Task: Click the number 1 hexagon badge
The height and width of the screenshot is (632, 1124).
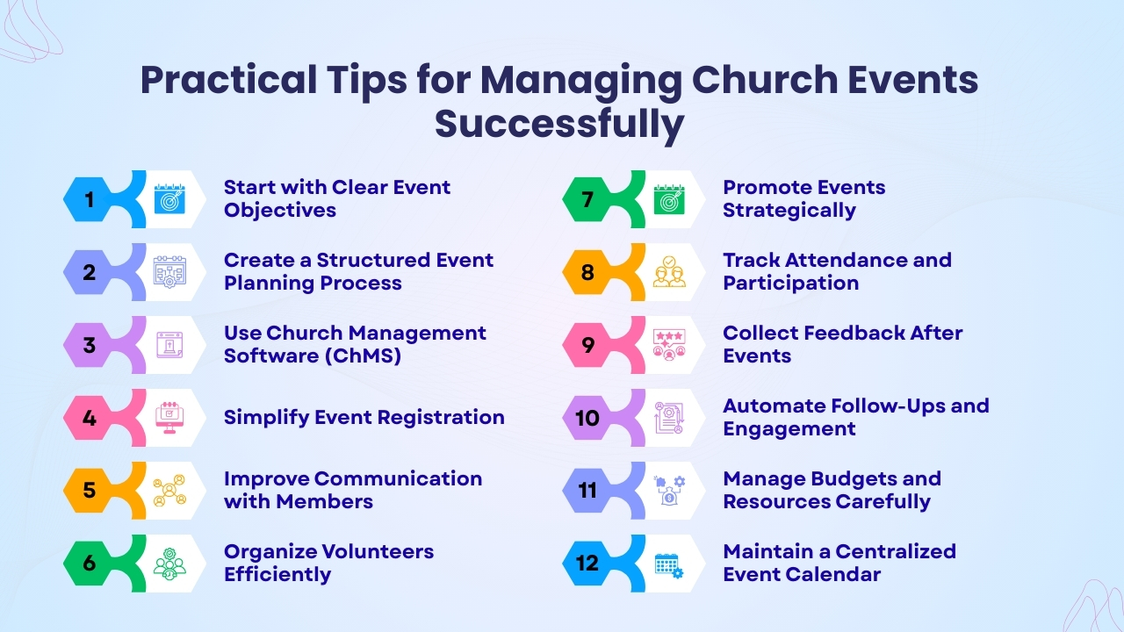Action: [x=90, y=200]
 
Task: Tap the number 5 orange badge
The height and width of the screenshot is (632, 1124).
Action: [x=90, y=490]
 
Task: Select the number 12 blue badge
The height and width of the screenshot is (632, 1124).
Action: [x=587, y=563]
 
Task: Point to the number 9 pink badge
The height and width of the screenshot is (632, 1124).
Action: [x=587, y=345]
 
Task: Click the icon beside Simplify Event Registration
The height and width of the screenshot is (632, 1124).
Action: [x=169, y=417]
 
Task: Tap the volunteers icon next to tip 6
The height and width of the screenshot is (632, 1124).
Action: [x=169, y=563]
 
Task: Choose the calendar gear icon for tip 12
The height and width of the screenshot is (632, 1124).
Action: [x=669, y=564]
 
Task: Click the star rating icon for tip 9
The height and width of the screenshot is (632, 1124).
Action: [x=669, y=345]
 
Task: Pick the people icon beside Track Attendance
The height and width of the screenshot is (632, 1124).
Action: [x=669, y=272]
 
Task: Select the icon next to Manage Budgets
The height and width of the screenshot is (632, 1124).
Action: [x=669, y=491]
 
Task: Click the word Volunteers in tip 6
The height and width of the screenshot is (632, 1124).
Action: [x=372, y=552]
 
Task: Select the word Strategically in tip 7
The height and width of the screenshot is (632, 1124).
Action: [x=789, y=211]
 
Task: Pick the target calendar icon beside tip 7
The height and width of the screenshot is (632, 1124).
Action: [x=669, y=199]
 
